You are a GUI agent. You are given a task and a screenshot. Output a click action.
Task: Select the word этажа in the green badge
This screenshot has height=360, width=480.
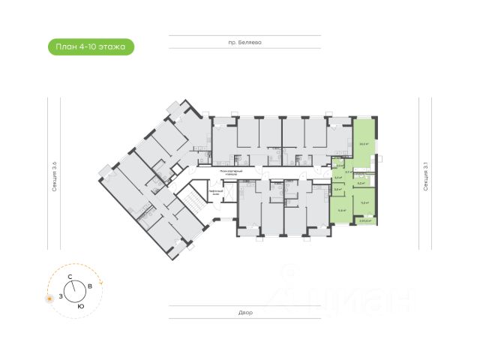click(x=115, y=47)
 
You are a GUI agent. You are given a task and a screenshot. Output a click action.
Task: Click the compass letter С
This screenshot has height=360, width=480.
click(x=70, y=277)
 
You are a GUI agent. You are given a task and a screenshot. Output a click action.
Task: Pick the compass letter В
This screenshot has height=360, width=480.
click(x=90, y=286)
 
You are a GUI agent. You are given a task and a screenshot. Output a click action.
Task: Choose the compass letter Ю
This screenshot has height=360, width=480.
click(x=80, y=307)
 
